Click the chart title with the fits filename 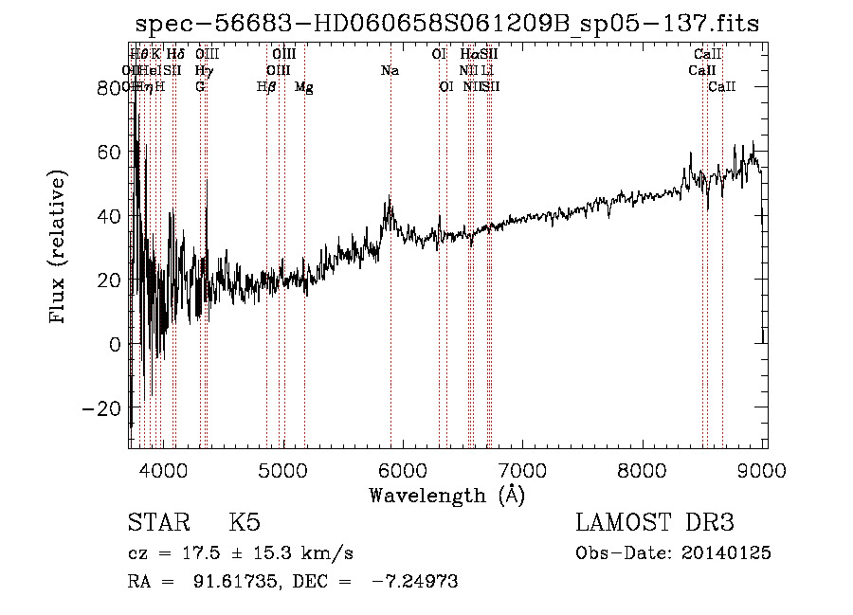point(447,24)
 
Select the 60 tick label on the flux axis point(109,152)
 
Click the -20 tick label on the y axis point(103,408)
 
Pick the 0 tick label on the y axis point(116,344)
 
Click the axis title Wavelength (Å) point(446,494)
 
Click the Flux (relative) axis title point(59,247)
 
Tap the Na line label point(390,71)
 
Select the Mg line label point(304,87)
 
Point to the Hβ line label point(266,87)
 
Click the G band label point(200,87)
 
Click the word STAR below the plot point(157,523)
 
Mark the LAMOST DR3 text point(655,523)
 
